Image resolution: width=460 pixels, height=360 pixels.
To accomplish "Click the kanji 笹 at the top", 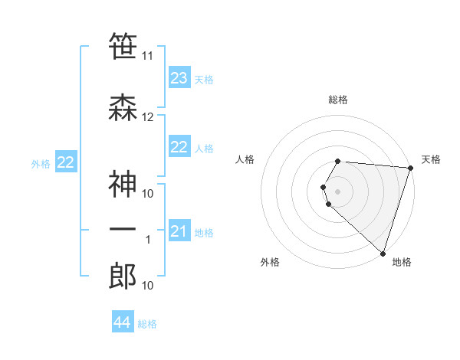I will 123,47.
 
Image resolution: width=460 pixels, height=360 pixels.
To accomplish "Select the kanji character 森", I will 123,108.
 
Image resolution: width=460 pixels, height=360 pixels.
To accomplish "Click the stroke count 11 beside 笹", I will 148,56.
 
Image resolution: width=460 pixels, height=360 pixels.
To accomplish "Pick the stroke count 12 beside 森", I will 148,117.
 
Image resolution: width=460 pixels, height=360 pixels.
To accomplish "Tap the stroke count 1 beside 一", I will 148,240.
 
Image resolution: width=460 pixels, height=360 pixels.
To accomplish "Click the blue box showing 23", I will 179,78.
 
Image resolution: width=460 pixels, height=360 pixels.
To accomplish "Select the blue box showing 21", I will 179,231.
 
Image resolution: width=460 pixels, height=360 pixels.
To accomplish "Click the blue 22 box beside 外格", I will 66,162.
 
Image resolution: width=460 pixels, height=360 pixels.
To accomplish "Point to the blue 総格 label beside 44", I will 147,324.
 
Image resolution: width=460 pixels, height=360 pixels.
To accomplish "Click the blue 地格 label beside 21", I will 205,232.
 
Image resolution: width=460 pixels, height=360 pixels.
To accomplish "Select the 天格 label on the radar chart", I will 431,159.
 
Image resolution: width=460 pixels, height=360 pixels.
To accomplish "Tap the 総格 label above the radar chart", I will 338,100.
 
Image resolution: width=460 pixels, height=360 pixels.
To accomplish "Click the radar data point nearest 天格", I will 411,168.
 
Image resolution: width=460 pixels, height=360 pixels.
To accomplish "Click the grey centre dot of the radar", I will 338,191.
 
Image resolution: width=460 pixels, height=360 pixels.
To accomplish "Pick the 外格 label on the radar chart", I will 270,262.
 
